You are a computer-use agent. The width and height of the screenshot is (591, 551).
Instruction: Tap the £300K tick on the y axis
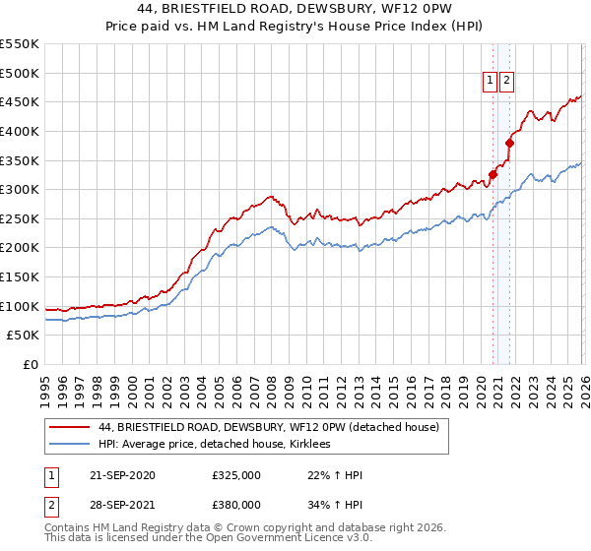[20, 189]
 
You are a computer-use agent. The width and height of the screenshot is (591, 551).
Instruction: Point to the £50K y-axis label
[23, 336]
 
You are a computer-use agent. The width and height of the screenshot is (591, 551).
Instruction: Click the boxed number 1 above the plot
[490, 82]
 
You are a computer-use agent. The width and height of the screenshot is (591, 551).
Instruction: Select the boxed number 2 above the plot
[506, 82]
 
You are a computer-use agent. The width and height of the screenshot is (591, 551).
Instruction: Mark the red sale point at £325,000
[492, 174]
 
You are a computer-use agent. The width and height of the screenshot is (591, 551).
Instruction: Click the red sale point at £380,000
[510, 143]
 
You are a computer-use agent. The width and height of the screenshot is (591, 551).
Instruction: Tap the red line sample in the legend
[70, 427]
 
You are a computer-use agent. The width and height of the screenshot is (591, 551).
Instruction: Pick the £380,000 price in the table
[236, 504]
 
